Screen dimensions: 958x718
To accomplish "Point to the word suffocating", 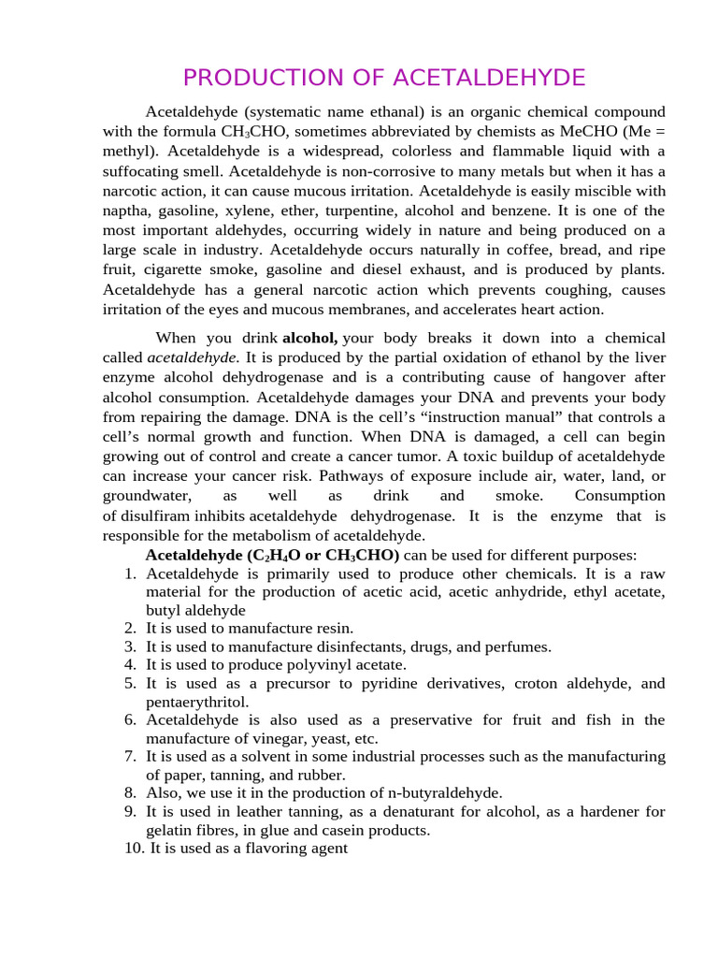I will click(142, 171).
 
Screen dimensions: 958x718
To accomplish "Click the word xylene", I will click(248, 210).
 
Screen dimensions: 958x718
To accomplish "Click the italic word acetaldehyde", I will click(194, 357).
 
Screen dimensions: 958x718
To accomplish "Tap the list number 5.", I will click(131, 684).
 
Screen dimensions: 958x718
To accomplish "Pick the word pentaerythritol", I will click(197, 702).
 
